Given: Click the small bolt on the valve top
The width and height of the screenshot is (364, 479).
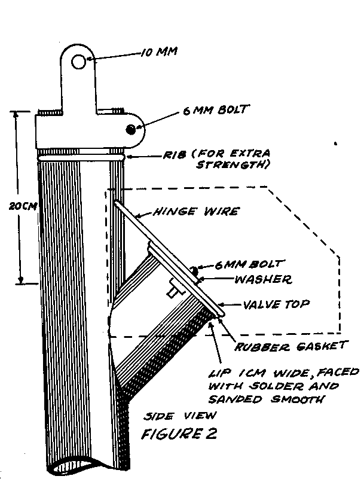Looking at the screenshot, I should pos(195,271).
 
